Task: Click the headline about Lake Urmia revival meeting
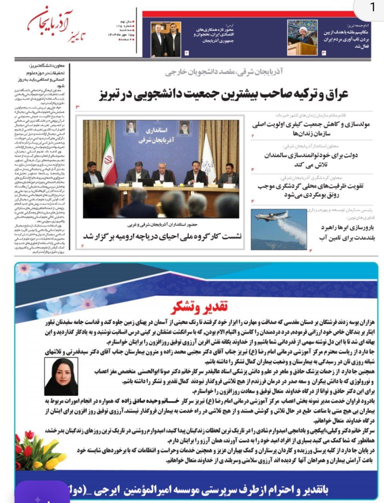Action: tap(162, 236)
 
